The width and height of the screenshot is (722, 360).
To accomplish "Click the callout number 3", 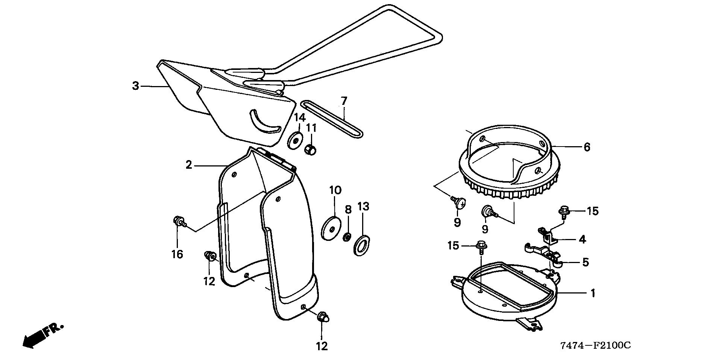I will click(x=136, y=86).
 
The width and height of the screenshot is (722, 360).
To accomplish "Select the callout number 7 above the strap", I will click(x=344, y=101).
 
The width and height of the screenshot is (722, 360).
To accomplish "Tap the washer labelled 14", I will click(x=296, y=140).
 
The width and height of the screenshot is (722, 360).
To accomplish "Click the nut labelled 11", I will click(x=311, y=149).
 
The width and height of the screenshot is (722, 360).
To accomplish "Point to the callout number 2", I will click(x=189, y=165).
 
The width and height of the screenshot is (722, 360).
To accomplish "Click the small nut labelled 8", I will click(x=348, y=237).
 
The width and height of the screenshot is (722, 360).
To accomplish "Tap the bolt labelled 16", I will click(x=178, y=221).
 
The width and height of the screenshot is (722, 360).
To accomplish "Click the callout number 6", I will click(x=587, y=147).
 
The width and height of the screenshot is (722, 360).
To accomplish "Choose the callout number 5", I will click(x=585, y=262).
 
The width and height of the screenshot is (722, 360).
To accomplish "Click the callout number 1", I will click(x=593, y=293).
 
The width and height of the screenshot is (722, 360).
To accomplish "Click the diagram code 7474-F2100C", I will click(x=595, y=345).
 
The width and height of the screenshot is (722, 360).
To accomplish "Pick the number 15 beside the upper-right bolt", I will click(x=592, y=211).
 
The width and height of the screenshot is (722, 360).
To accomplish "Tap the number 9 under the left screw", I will click(x=457, y=222).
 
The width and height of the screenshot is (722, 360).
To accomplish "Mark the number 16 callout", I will click(x=177, y=254).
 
